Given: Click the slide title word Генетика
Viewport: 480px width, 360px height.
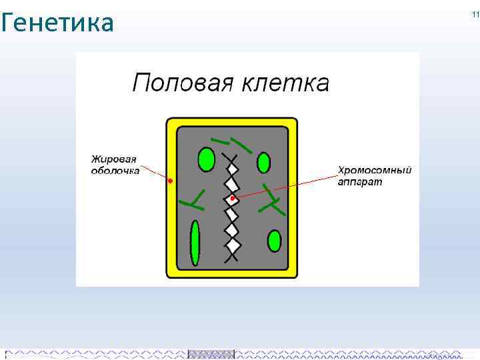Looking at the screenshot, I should click(x=58, y=23).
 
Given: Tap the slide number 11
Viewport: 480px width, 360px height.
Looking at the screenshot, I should click(x=475, y=15).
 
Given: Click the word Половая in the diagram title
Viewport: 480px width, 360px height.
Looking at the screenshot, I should click(x=175, y=83).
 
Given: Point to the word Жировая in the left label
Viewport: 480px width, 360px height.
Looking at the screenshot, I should click(x=114, y=159).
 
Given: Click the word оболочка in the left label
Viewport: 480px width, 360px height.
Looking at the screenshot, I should click(x=115, y=170).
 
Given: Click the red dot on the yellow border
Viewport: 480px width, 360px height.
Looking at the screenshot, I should click(x=170, y=181).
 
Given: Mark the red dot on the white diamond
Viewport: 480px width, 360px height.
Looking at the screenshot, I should click(x=232, y=199).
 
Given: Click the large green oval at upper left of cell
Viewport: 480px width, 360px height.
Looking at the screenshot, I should click(x=206, y=160).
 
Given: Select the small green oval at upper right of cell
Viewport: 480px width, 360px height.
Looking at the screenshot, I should click(x=263, y=162).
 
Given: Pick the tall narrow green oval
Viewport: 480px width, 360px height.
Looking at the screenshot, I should click(x=195, y=243).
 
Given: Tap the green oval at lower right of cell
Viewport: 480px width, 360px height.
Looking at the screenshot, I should click(x=274, y=241).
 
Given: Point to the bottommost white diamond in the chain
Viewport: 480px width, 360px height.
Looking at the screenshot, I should click(x=232, y=231).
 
